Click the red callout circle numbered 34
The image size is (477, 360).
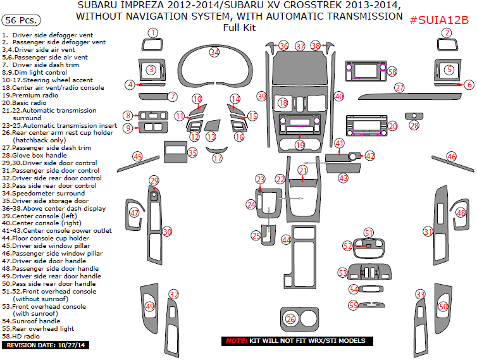click(x=215, y=52)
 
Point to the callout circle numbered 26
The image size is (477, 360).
click(x=290, y=320)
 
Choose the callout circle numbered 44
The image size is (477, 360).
click(x=287, y=240)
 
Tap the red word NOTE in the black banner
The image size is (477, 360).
click(x=236, y=341)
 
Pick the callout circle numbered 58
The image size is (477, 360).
click(x=392, y=72)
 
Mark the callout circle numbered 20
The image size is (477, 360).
click(x=392, y=127)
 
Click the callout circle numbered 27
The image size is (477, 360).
click(x=399, y=88)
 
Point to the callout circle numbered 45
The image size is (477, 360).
click(x=137, y=156)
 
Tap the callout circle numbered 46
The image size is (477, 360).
click(x=452, y=156)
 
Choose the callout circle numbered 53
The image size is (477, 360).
click(x=343, y=273)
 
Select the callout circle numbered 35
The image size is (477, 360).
click(x=192, y=152)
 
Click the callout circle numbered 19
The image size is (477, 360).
click(x=299, y=145)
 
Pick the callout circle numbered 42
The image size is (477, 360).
click(x=370, y=156)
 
